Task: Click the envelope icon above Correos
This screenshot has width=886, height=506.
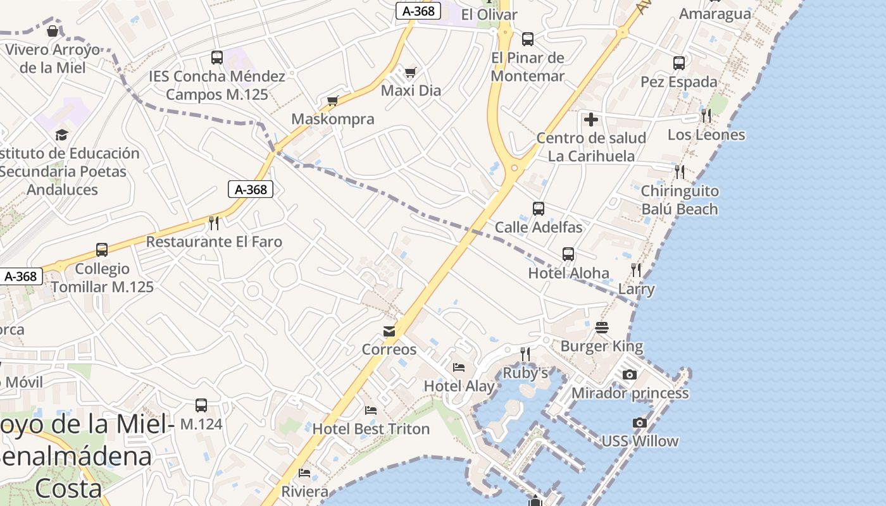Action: point(389,331)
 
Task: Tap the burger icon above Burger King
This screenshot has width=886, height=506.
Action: point(601,328)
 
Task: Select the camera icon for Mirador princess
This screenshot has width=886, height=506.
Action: point(629,375)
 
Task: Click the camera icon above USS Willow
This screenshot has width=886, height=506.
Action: point(640,423)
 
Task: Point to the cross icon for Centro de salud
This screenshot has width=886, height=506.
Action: point(590,119)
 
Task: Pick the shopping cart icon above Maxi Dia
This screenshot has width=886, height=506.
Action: point(410,72)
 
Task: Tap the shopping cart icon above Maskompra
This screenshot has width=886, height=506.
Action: point(333,101)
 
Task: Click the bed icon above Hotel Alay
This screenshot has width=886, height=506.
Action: point(459,367)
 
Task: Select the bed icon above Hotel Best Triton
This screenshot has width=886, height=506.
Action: point(371,410)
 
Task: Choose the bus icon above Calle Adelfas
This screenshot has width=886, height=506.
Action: point(539,209)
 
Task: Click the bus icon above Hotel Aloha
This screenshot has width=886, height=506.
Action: point(568,254)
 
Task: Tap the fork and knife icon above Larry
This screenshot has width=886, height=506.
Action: point(636,270)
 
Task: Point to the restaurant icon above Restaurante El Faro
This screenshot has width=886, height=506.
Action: point(214,223)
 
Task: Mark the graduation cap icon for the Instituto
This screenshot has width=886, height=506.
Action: point(61,135)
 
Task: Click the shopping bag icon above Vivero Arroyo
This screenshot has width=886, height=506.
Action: point(53,30)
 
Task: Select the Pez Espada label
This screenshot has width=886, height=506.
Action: point(679,82)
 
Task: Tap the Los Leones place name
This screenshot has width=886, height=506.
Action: point(706,135)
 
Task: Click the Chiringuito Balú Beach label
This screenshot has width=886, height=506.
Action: point(680,200)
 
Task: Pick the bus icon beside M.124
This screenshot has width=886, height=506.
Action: point(201,405)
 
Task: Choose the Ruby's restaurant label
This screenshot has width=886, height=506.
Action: point(525,373)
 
